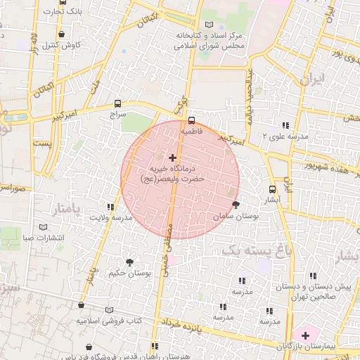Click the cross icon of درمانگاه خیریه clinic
173,157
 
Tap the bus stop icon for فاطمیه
191,120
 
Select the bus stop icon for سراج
117,103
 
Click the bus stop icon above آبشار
272,189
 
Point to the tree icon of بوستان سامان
235,205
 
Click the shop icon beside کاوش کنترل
62,34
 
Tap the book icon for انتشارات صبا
44,227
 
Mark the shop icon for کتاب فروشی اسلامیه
82,305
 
